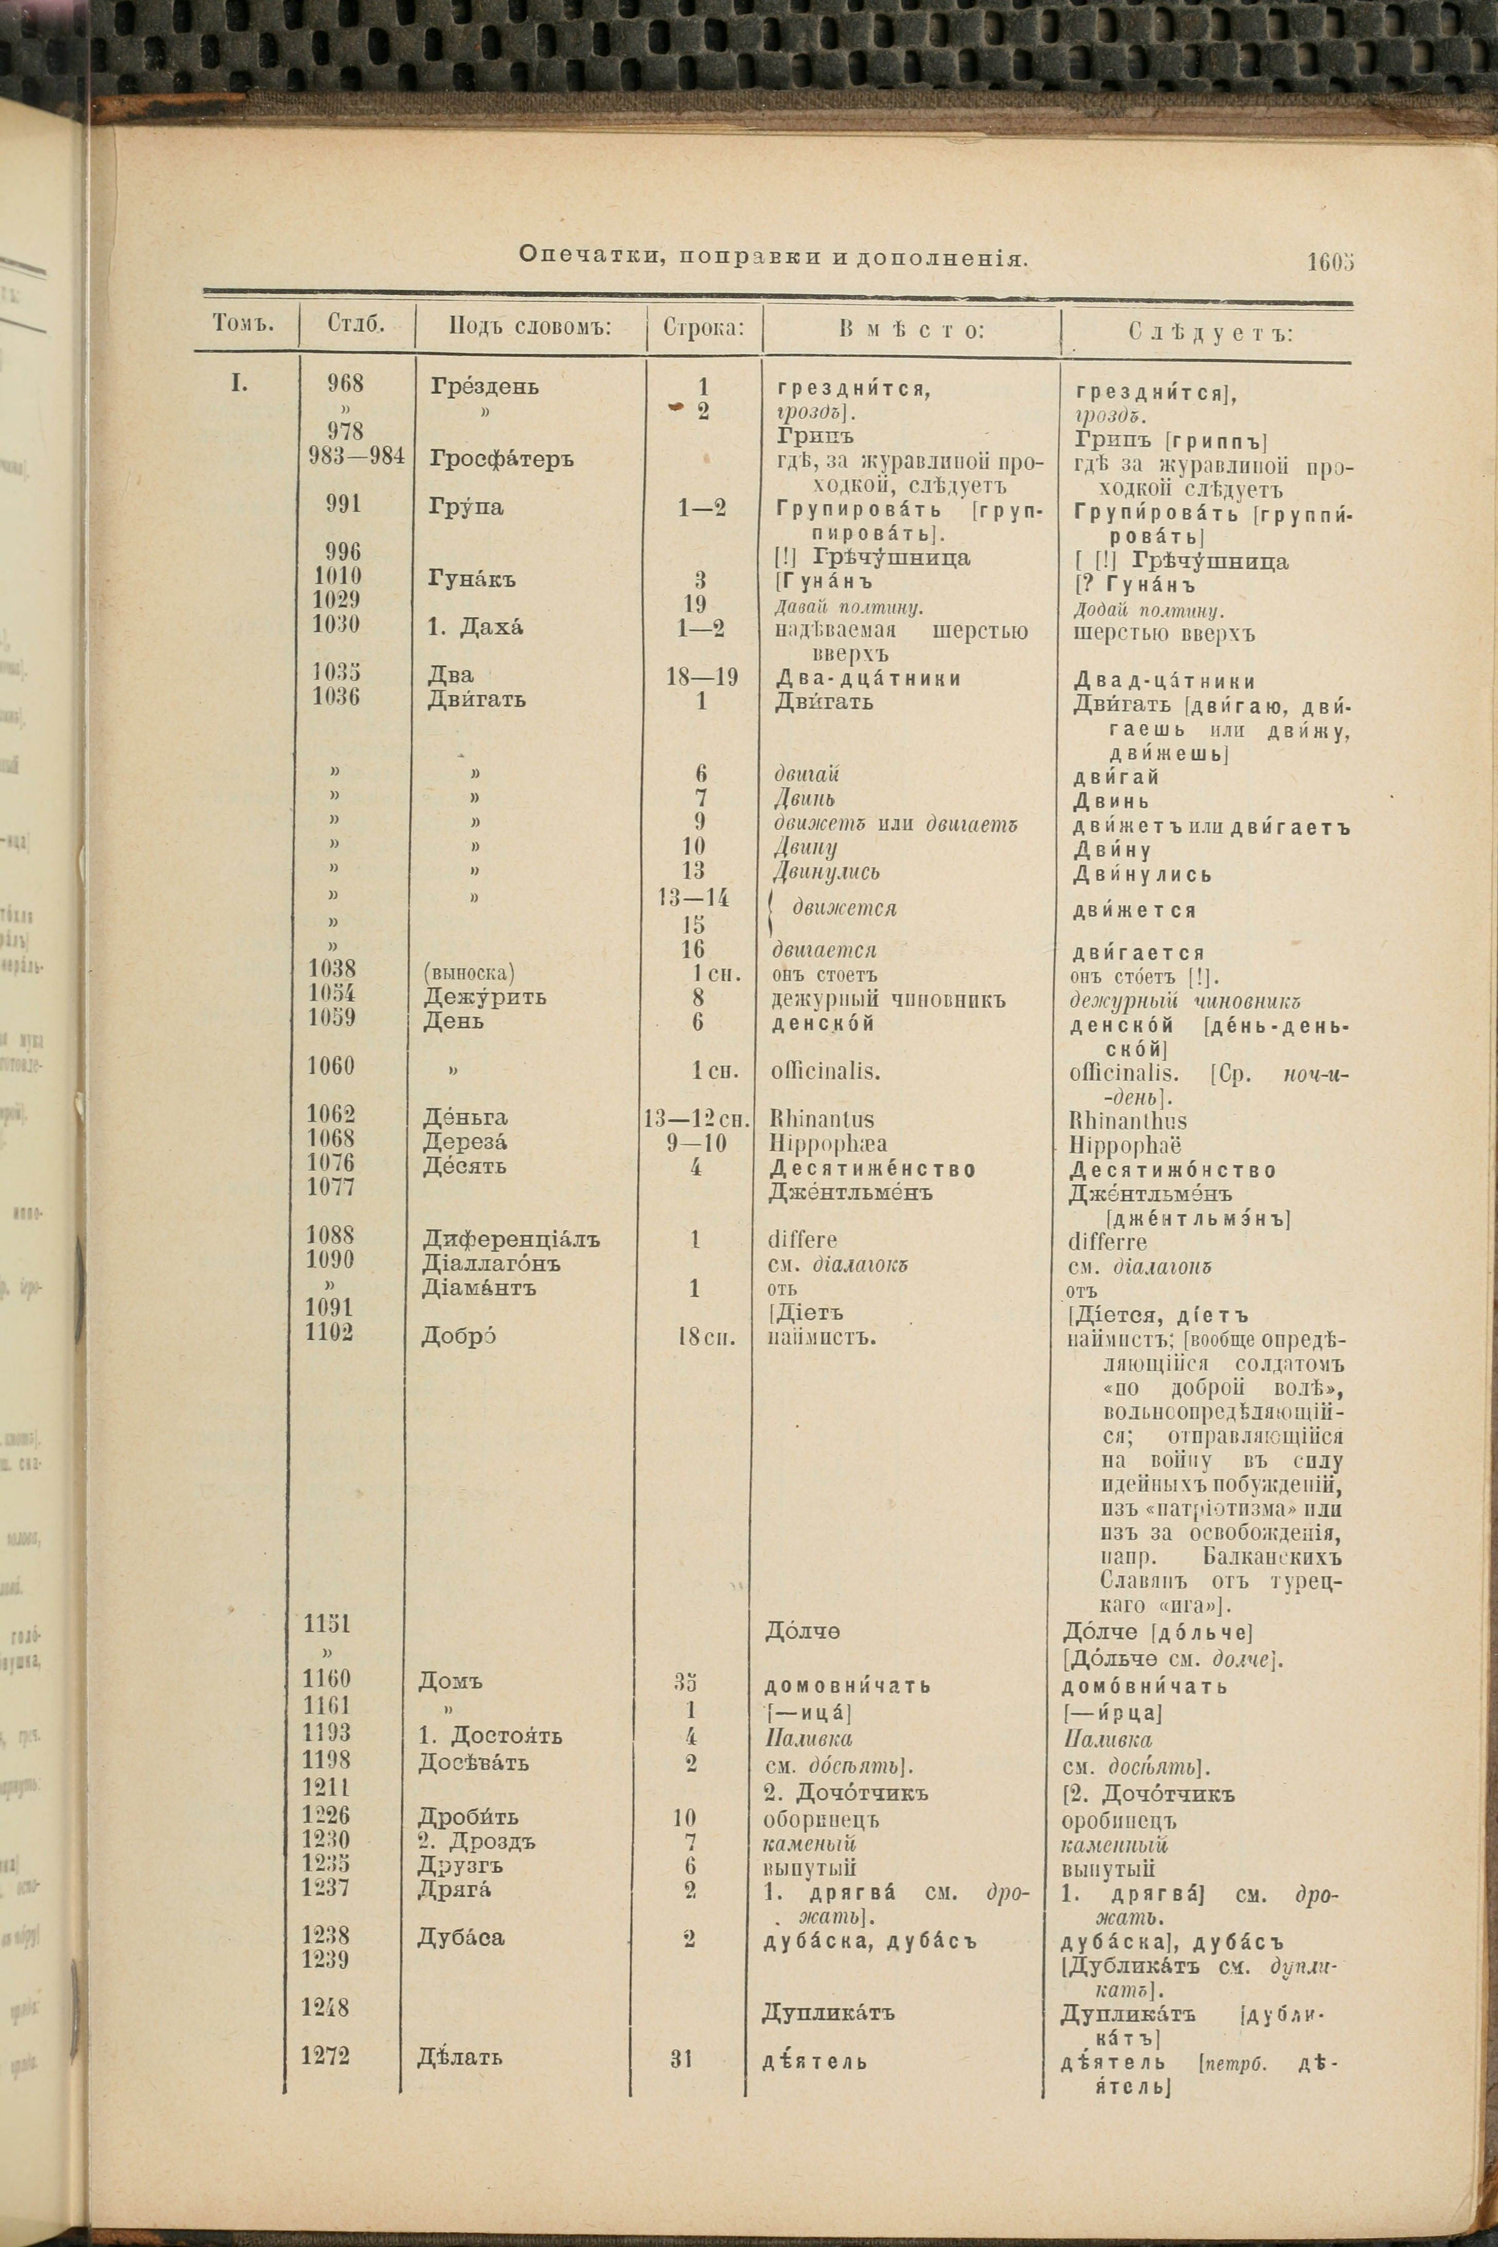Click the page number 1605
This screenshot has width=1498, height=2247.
(x=1331, y=262)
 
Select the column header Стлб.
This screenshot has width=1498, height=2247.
(x=355, y=324)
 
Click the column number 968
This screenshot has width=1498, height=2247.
(x=345, y=384)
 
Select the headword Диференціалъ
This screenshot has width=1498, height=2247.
(x=511, y=1239)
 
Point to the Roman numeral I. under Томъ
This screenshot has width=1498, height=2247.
(x=239, y=385)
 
